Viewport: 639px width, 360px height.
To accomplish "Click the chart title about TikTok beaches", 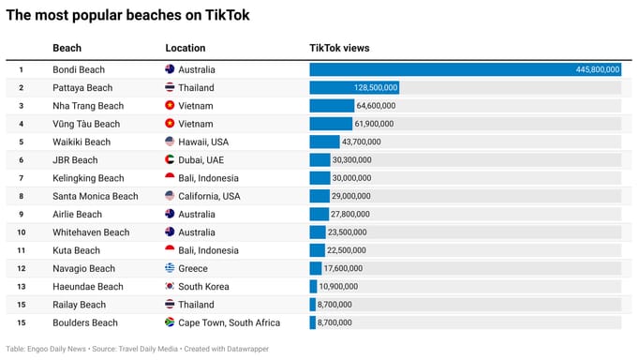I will coord(128,16).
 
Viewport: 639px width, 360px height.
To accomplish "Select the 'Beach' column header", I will coord(67,48).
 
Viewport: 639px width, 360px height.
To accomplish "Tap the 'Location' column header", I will coord(186,48).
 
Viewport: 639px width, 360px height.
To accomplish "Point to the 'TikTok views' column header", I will coord(339,48).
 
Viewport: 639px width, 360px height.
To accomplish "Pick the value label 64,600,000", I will coord(376,106).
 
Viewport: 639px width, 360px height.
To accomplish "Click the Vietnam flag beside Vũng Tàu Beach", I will coord(170,124).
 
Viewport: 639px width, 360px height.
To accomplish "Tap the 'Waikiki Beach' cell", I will coord(82,142).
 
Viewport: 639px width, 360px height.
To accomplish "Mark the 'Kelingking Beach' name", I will coord(88,178).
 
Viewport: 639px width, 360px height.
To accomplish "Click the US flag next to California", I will coord(170,196).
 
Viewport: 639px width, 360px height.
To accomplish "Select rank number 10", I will coord(20,232).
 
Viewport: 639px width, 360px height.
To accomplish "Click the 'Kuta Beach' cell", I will coord(76,250).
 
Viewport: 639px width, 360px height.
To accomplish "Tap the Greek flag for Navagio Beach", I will coord(170,268).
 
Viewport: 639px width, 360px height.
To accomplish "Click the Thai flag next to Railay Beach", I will coord(170,305).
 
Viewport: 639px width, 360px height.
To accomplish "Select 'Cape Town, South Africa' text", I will coord(230,322).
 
